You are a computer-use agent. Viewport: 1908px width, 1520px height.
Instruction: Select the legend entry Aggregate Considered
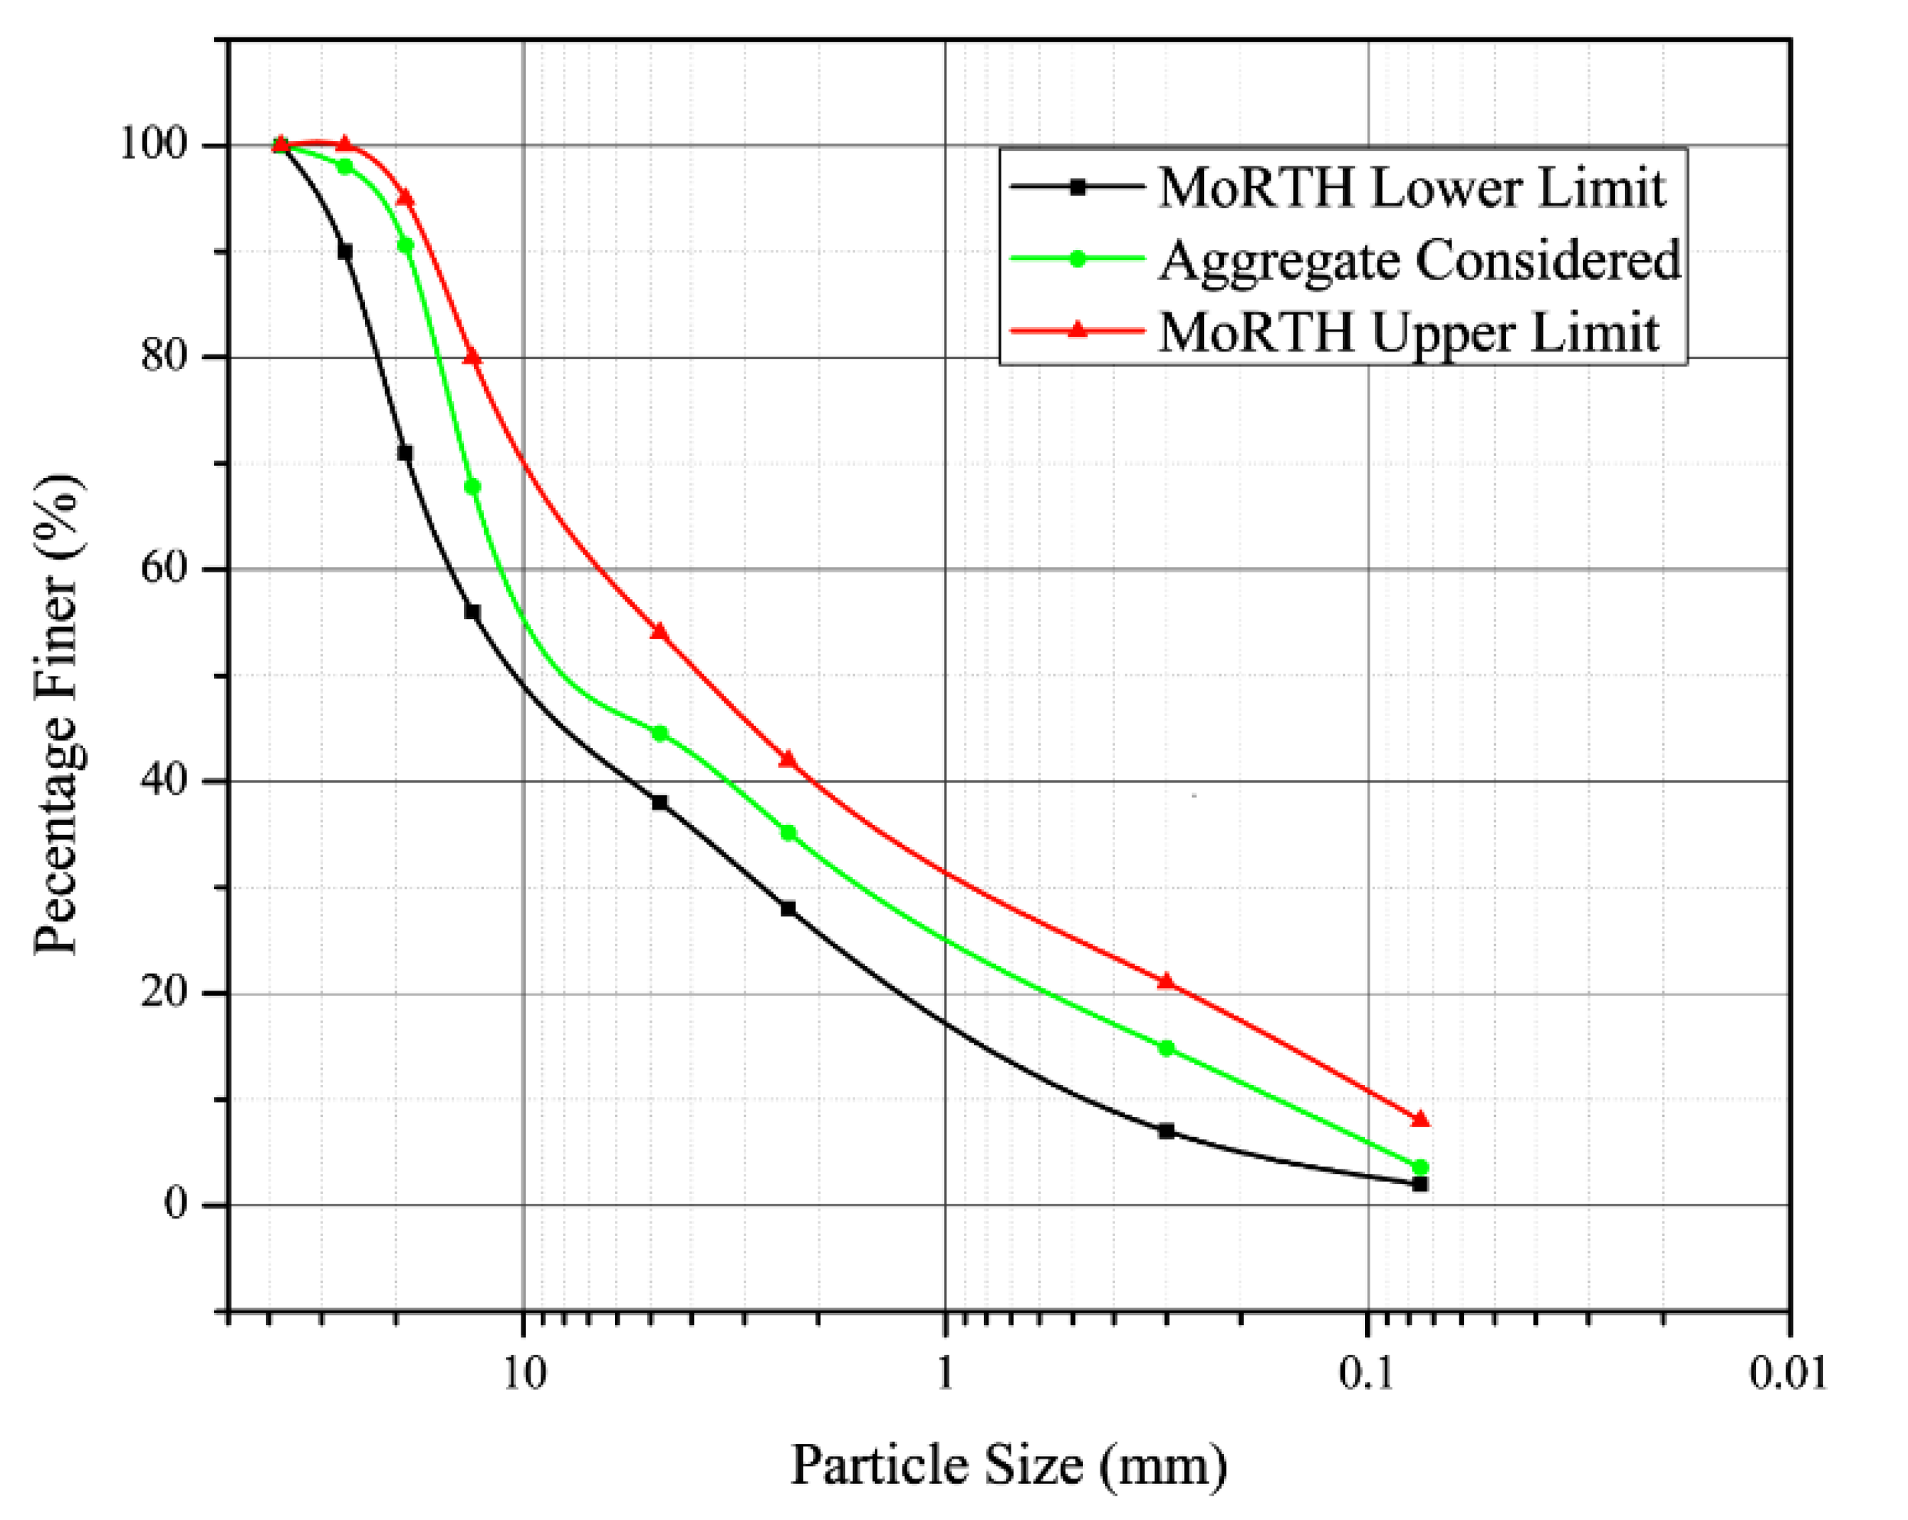click(1419, 260)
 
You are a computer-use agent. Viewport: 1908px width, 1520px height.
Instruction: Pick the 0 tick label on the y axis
click(176, 1204)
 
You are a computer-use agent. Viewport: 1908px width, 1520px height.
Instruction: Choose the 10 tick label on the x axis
click(525, 1373)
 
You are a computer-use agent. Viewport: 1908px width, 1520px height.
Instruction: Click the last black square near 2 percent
click(1420, 1184)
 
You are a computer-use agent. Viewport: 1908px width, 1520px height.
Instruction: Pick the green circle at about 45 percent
click(660, 733)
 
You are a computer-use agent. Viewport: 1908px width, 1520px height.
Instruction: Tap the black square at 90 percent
click(345, 252)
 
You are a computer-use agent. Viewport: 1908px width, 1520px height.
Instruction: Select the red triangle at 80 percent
click(472, 357)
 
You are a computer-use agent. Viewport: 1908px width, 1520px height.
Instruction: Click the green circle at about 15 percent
click(1166, 1048)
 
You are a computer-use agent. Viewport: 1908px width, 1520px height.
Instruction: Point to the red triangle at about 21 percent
click(1166, 981)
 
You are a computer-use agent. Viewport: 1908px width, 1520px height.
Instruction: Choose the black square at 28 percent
click(788, 908)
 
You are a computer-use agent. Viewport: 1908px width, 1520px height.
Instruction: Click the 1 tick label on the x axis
click(945, 1373)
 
